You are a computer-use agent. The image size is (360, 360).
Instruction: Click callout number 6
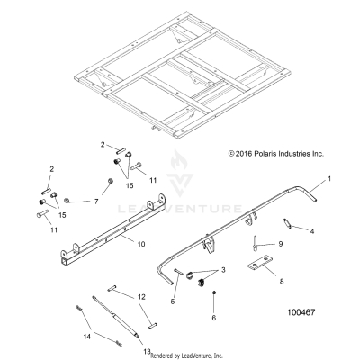[x=213, y=318]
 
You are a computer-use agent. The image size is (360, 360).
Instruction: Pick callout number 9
[x=280, y=244]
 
